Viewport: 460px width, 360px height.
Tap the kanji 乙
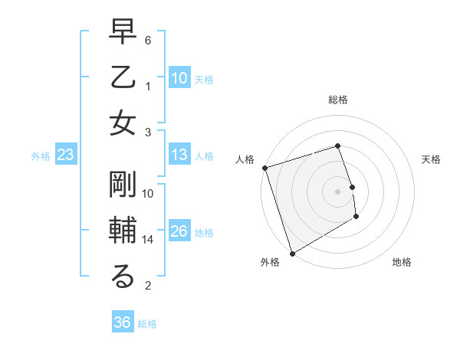pos(123,78)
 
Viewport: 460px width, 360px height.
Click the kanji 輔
pos(123,231)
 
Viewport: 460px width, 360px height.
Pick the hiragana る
pos(123,277)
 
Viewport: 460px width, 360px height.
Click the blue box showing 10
pos(179,77)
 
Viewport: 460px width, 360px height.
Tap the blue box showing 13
pos(179,155)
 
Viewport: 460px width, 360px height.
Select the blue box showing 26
pos(179,231)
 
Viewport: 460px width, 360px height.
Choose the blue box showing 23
pos(66,155)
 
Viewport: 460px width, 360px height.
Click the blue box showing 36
pos(122,322)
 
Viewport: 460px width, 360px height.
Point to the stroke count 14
pos(148,240)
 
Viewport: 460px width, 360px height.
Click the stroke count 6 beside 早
pos(148,39)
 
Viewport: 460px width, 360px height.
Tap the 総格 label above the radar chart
pos(338,100)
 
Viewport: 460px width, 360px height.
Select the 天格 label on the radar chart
pos(432,159)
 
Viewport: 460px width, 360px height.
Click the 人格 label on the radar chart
pos(245,159)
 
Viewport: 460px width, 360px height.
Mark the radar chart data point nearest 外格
pos(292,253)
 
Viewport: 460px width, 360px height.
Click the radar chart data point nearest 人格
pos(264,168)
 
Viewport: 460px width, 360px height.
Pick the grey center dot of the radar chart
pos(338,191)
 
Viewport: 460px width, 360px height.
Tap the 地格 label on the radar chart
pos(402,262)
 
